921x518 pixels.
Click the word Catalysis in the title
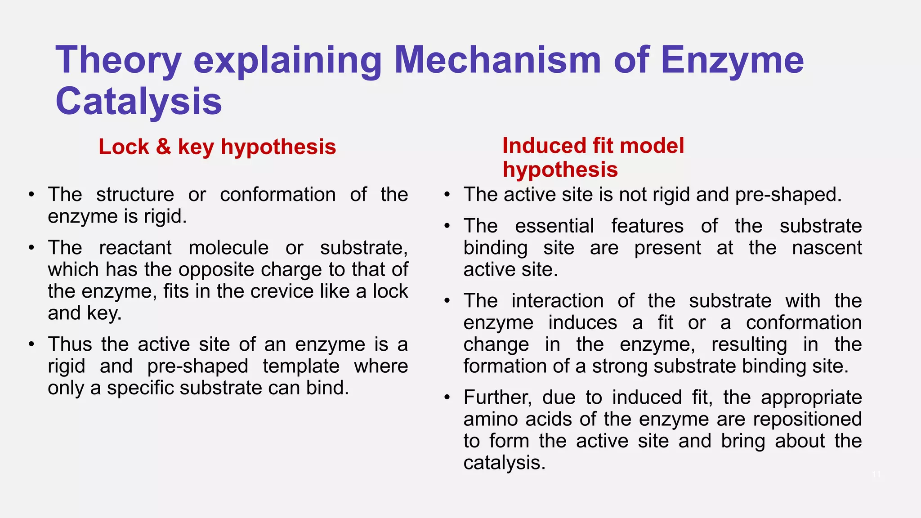point(139,102)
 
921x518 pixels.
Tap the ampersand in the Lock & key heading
point(164,147)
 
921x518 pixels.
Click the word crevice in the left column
point(283,291)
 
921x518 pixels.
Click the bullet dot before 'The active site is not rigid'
point(447,195)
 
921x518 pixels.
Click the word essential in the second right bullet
point(554,226)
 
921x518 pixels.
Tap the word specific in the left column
point(141,388)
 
